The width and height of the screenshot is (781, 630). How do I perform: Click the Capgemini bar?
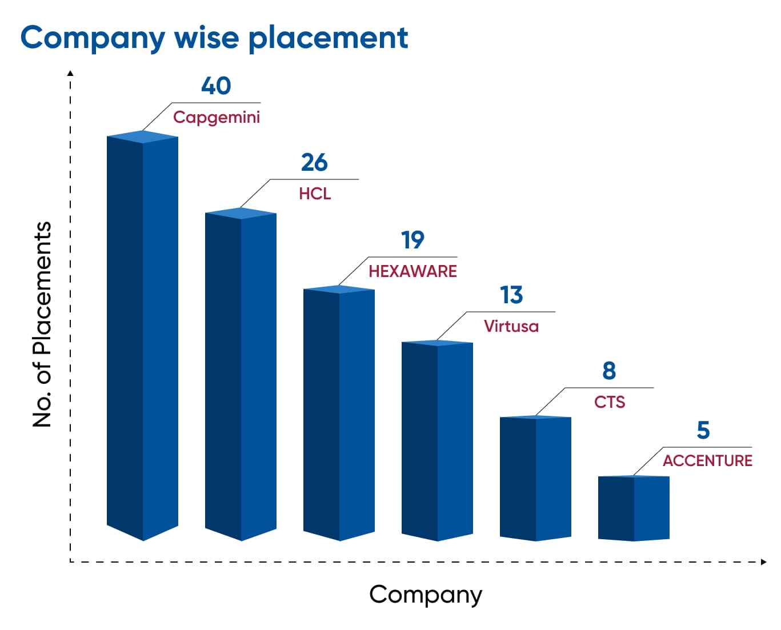point(142,335)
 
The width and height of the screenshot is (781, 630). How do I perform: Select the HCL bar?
point(241,374)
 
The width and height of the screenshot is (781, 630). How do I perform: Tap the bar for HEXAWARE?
point(339,413)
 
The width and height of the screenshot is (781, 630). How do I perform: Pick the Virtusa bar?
point(437,440)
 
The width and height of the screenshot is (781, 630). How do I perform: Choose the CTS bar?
point(536,478)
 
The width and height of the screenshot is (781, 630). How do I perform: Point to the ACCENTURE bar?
point(634,508)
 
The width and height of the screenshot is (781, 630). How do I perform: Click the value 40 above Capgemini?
point(216,86)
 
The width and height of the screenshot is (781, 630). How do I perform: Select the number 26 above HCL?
point(314,162)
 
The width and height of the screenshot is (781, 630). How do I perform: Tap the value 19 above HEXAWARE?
point(412,240)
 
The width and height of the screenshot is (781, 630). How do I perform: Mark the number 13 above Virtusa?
point(511,295)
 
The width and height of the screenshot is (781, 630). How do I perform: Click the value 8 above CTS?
point(610,371)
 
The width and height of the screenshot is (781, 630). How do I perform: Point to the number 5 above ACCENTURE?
point(703,431)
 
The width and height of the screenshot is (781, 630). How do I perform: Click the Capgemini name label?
point(217,118)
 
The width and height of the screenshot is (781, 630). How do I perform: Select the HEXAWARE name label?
point(413,271)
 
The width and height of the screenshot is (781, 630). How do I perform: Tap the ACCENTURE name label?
point(708,461)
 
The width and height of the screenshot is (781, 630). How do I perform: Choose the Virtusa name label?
point(511,326)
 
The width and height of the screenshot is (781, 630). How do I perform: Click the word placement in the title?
point(329,38)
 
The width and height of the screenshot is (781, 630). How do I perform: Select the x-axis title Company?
point(426,596)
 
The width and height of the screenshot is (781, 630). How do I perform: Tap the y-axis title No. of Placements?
point(42,324)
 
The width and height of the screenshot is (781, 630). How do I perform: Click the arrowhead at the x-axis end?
point(764,562)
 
